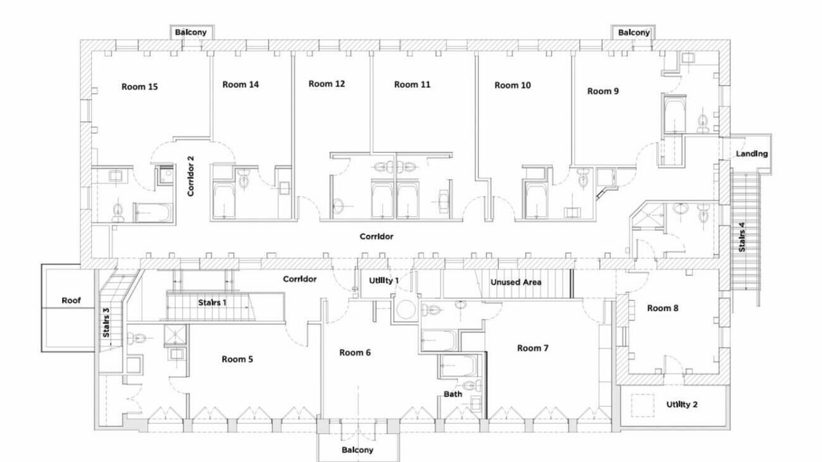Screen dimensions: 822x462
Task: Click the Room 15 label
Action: click(x=139, y=87)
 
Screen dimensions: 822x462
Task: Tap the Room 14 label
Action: click(x=240, y=85)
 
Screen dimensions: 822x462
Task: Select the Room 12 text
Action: click(x=327, y=84)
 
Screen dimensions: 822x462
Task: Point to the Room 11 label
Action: click(x=412, y=85)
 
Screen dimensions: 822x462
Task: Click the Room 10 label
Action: click(x=512, y=85)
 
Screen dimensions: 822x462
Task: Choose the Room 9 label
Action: click(x=603, y=91)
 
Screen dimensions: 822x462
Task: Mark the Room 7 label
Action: click(x=533, y=348)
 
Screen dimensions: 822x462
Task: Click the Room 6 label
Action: click(x=355, y=353)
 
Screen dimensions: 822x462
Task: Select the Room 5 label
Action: click(x=237, y=359)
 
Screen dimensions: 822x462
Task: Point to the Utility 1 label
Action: click(x=384, y=281)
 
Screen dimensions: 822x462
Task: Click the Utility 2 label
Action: click(x=682, y=405)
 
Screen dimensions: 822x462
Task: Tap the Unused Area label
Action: click(x=516, y=282)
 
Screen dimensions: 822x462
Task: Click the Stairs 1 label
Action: click(x=212, y=303)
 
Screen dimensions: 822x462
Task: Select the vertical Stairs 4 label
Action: click(x=742, y=237)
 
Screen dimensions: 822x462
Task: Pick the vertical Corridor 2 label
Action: click(x=191, y=176)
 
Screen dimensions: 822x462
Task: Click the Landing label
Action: click(x=752, y=154)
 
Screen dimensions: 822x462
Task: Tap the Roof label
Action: click(x=71, y=301)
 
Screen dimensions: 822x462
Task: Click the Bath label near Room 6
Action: click(x=453, y=394)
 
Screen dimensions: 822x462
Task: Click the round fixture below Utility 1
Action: click(x=406, y=309)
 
